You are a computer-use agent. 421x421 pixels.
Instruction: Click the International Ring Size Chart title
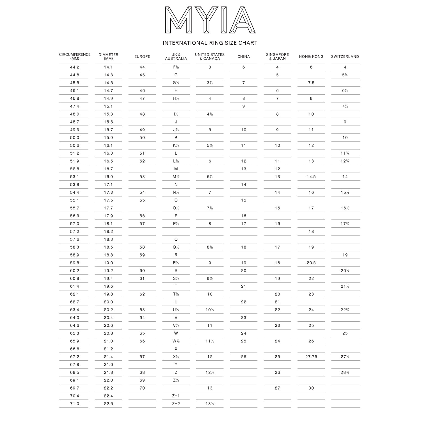click(210, 43)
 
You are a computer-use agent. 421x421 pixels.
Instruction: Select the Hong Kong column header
click(311, 56)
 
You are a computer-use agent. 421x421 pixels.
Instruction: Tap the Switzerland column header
click(345, 56)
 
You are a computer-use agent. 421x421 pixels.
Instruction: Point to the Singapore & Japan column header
click(277, 56)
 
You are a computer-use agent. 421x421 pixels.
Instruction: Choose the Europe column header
click(142, 56)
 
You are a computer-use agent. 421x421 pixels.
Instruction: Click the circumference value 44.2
click(75, 67)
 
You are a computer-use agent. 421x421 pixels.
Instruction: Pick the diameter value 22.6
click(108, 404)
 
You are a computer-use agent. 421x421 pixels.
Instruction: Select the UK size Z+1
click(176, 396)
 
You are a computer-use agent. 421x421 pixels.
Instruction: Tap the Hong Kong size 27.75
click(311, 357)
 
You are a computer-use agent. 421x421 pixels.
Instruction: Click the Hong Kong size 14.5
click(311, 177)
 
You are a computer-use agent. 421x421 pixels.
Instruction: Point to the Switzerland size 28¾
click(345, 372)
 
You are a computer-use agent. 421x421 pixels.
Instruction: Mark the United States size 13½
click(210, 404)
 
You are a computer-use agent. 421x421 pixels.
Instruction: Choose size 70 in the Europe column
click(142, 388)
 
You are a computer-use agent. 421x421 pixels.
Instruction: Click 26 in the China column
click(244, 357)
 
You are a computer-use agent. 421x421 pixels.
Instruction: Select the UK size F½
click(176, 67)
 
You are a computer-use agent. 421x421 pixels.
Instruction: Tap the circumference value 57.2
click(75, 232)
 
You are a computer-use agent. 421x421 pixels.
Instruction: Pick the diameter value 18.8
click(108, 255)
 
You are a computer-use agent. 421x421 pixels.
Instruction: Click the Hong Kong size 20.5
click(311, 263)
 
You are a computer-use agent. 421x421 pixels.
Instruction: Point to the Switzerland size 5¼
click(345, 75)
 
